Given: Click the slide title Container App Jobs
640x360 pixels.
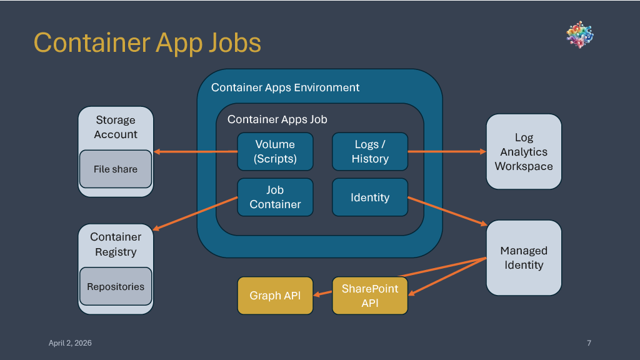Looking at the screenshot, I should (147, 42).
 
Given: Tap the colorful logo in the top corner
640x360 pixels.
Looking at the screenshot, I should (579, 35).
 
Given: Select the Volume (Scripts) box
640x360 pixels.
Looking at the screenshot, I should (275, 151).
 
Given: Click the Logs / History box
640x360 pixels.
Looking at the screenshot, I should (370, 151).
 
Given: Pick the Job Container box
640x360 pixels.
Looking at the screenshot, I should (275, 197).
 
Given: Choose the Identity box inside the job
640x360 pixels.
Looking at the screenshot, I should (370, 197).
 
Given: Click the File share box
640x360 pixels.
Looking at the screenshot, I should (116, 169).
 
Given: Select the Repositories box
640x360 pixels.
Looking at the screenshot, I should (116, 287).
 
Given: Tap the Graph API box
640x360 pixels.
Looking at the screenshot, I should (275, 296).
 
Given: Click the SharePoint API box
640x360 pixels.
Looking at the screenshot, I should (370, 296).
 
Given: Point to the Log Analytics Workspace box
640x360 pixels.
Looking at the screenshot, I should (524, 151).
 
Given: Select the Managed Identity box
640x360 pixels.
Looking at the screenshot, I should (524, 257).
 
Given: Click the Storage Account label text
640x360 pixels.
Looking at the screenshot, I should (116, 127).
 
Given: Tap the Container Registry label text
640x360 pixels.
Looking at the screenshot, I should (116, 244).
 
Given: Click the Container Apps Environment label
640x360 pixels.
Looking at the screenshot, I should (285, 87).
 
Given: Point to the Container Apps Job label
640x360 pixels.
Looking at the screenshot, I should (277, 119).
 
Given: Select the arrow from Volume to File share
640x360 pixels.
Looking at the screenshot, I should (195, 152).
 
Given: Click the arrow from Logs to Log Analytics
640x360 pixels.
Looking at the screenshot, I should (447, 151).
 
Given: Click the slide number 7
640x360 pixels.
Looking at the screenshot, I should (589, 342).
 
